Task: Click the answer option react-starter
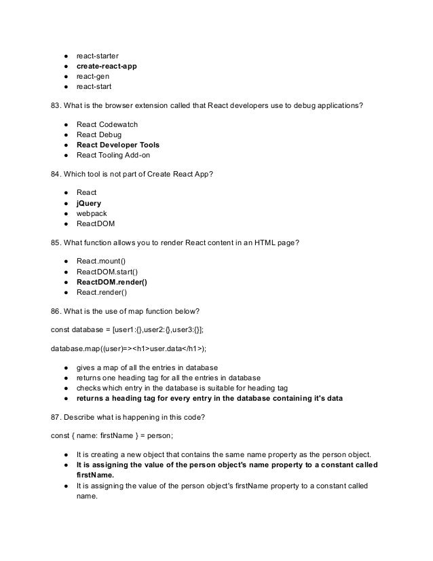[97, 55]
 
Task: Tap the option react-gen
[93, 76]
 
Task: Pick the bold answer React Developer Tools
[118, 145]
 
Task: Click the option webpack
[92, 213]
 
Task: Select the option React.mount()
[101, 261]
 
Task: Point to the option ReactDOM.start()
[107, 272]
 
